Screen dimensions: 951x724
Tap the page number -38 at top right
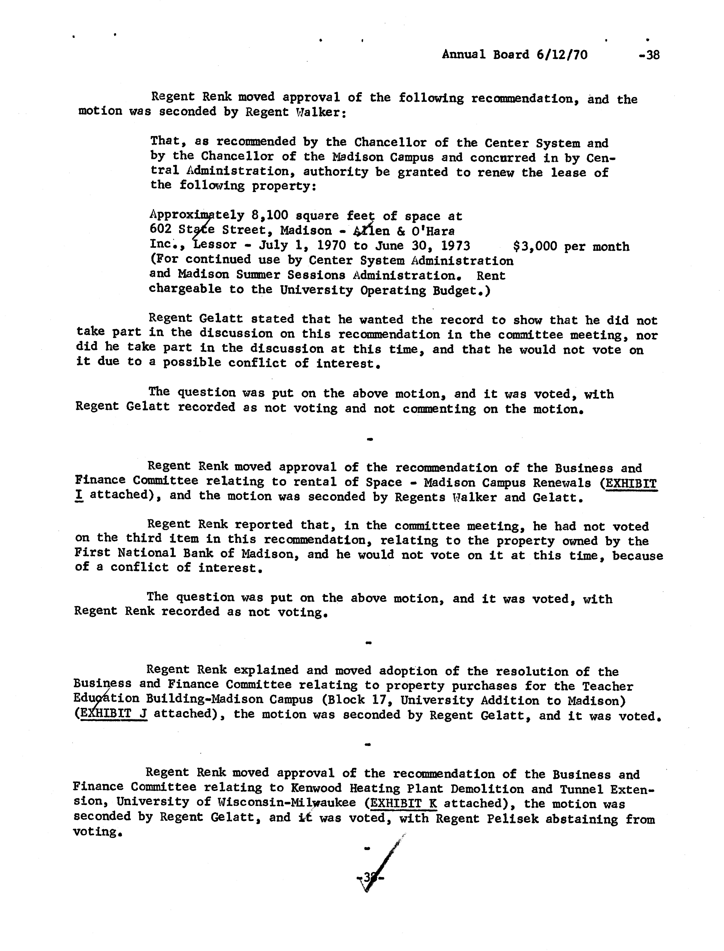tap(650, 55)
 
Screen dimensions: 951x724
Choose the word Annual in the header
tap(463, 55)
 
